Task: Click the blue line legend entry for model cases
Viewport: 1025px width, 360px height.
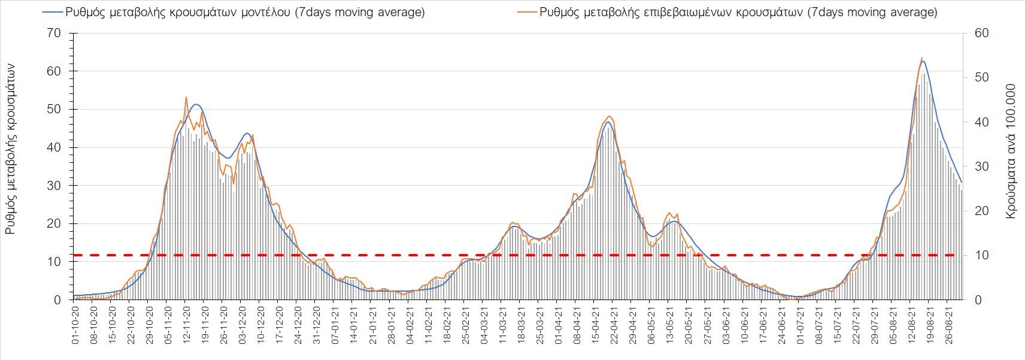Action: click(x=233, y=13)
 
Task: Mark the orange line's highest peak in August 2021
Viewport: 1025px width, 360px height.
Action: click(x=921, y=58)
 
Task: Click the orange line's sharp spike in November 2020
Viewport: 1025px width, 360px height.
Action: click(x=186, y=97)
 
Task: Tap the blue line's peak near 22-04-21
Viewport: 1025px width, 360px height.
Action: click(x=608, y=122)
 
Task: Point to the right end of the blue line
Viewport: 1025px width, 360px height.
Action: click(x=962, y=182)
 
